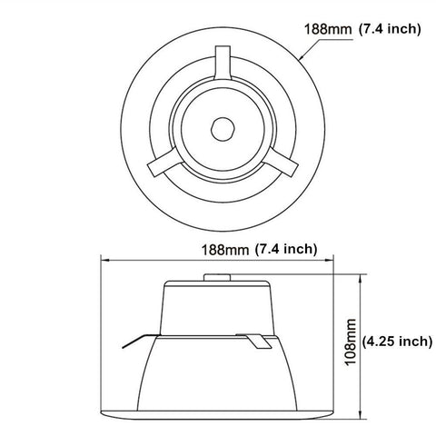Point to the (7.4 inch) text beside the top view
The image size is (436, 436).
click(x=389, y=30)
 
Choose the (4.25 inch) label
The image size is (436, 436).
click(x=397, y=342)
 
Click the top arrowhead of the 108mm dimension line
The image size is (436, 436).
click(x=362, y=273)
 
